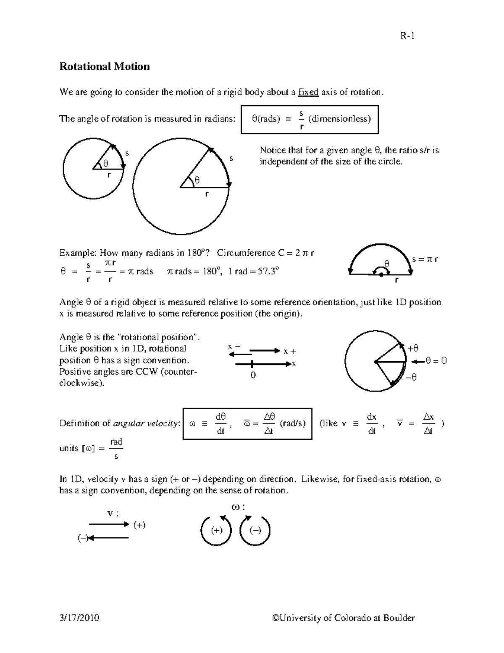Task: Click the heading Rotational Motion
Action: tap(104, 66)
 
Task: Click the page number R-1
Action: tap(407, 36)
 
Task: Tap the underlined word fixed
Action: tap(308, 92)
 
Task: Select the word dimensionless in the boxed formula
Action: tap(339, 119)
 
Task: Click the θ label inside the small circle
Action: tap(105, 163)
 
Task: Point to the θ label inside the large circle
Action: tap(197, 180)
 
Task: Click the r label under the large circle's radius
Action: tap(206, 194)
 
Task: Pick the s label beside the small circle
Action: tap(127, 153)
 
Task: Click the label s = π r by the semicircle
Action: tap(425, 259)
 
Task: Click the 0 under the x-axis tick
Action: tap(253, 375)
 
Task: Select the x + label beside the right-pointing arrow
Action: tap(289, 351)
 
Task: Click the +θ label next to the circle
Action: tap(413, 348)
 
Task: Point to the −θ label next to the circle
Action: tap(411, 378)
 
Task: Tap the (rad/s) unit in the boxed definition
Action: tap(292, 423)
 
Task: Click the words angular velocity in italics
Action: tap(146, 423)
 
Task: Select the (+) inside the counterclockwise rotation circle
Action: tap(217, 530)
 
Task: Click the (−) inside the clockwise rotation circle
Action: tap(255, 530)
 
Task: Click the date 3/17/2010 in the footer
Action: tap(79, 618)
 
